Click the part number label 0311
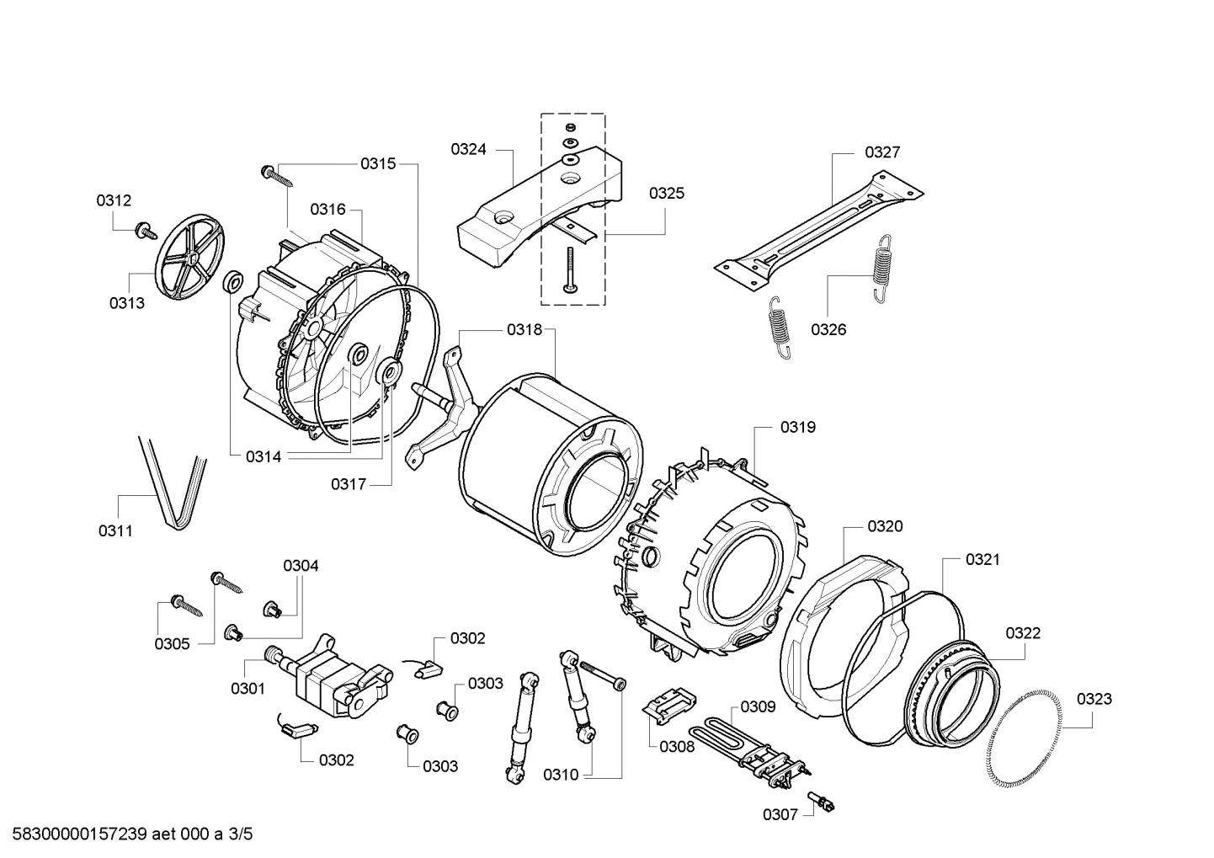click(115, 530)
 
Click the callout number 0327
click(882, 152)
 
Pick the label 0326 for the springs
click(828, 329)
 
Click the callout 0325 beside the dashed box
click(666, 193)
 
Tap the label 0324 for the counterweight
click(468, 149)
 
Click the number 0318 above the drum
click(524, 330)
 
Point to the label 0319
click(797, 427)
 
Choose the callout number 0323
click(1094, 698)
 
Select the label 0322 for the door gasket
click(1022, 632)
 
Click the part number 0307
click(780, 814)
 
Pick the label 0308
click(677, 746)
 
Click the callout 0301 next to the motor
click(248, 688)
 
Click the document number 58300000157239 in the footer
click(80, 834)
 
